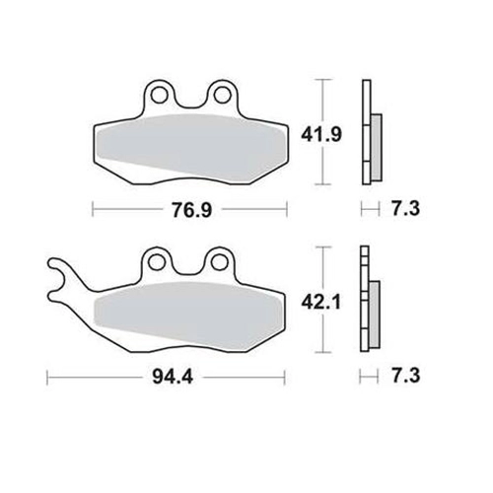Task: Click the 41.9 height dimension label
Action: click(321, 135)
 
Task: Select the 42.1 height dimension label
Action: click(321, 302)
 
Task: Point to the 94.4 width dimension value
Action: click(173, 377)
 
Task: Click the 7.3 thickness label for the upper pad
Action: click(405, 208)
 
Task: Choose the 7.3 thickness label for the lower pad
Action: click(405, 376)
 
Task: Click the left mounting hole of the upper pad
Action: click(158, 95)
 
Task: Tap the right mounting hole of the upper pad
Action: click(221, 95)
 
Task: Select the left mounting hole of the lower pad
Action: click(156, 262)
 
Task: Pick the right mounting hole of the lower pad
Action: click(218, 262)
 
